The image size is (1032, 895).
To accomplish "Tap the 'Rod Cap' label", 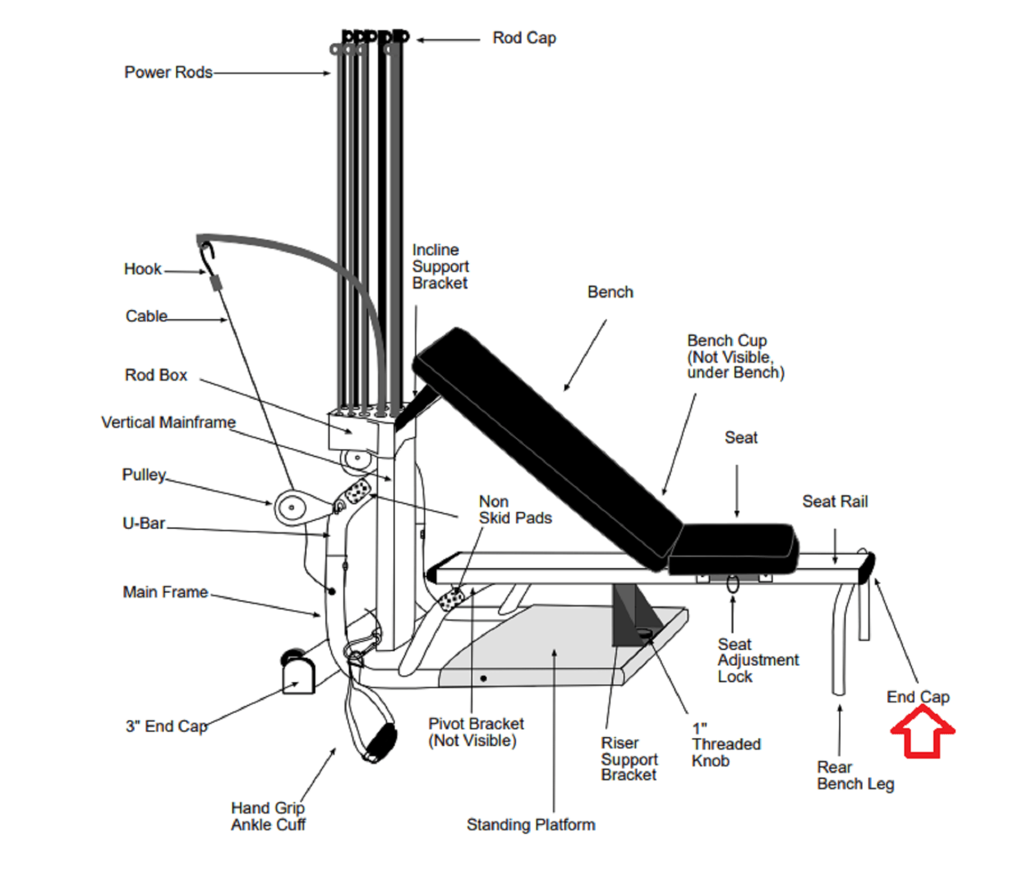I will [524, 38].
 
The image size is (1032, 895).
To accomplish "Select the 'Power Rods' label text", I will [168, 72].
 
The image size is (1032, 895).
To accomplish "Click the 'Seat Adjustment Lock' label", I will [757, 660].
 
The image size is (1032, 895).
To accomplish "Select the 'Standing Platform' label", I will [530, 825].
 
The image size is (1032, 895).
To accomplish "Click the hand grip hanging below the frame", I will [381, 742].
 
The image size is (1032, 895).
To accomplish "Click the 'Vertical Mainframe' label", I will [168, 422].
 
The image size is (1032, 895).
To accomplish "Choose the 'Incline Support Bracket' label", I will [440, 266].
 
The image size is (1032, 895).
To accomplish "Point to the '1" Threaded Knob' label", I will [726, 745].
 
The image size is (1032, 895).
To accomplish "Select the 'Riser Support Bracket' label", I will [629, 759].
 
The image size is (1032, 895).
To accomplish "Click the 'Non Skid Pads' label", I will [515, 510].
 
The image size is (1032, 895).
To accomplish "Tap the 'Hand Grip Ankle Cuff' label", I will [268, 816].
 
